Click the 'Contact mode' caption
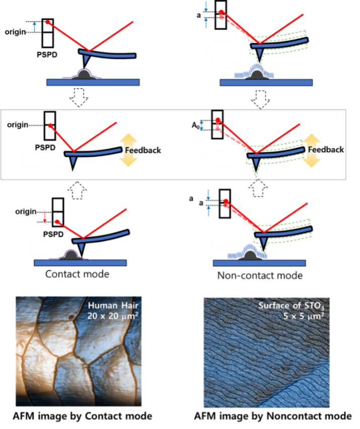tap(77, 275)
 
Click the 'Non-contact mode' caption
tap(259, 275)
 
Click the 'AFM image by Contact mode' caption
tap(82, 416)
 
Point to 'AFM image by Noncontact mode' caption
tap(273, 416)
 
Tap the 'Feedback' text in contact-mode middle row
tap(142, 150)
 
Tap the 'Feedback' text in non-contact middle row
tap(326, 150)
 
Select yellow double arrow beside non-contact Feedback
tap(312, 150)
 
